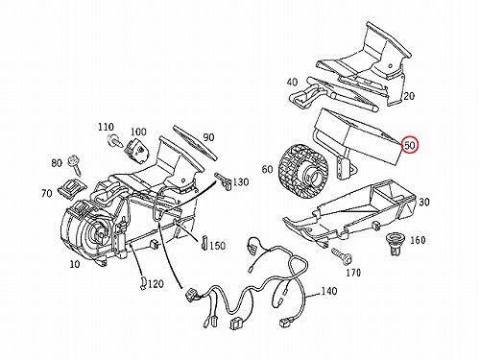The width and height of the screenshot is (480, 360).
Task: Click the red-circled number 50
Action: tap(410, 145)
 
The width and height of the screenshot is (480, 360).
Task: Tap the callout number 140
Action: tap(329, 291)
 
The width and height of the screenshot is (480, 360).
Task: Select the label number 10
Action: tap(75, 264)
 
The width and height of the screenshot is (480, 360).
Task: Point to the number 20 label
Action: tap(409, 95)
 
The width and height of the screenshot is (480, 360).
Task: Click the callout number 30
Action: tap(424, 202)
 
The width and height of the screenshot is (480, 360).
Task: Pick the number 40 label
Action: tap(292, 83)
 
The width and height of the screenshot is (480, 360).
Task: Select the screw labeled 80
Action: tap(75, 164)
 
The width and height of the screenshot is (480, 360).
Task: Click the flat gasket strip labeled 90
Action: tap(195, 142)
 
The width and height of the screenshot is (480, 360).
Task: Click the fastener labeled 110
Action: tap(115, 140)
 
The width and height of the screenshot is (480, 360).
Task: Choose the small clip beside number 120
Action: tap(143, 283)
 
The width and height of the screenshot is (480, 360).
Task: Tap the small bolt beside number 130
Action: tap(224, 180)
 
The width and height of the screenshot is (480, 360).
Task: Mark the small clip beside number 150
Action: tap(204, 243)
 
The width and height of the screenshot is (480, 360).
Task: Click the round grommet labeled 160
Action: tap(395, 243)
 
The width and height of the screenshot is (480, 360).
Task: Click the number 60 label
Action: tap(268, 169)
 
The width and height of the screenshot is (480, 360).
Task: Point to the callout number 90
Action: tap(208, 137)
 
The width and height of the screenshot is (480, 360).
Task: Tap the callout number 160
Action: tap(418, 240)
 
